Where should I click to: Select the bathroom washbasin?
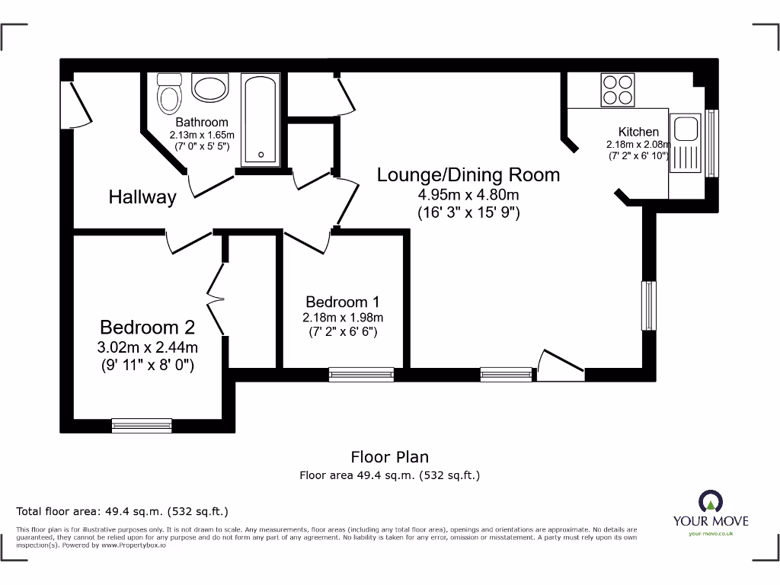210,88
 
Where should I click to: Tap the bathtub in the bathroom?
261,120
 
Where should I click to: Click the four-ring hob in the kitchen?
618,89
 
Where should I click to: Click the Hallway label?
142,197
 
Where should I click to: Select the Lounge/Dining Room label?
468,175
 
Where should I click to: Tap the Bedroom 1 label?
343,302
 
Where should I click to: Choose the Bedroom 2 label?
148,328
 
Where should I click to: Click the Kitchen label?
638,132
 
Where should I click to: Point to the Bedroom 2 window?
142,425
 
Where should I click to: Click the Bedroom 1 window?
361,374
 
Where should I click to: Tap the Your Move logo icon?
710,501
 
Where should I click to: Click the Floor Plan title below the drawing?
389,457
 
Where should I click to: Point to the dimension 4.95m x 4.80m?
468,196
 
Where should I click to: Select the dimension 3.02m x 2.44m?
148,348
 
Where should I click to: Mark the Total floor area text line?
122,511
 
